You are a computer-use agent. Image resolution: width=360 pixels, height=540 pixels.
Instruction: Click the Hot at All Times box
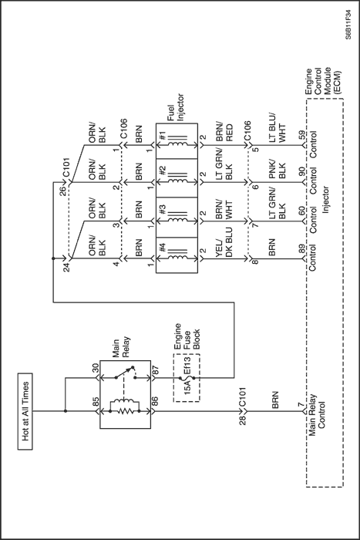pos(25,411)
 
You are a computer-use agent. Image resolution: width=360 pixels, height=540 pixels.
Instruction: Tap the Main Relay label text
pos(121,348)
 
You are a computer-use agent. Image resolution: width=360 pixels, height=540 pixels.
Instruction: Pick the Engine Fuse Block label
pos(187,336)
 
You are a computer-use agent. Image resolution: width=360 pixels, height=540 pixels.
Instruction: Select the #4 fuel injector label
pos(163,248)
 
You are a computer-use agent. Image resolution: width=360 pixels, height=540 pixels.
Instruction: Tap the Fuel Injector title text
pos(176,107)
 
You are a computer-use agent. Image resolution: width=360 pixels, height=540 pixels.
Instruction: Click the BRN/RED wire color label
pos(224,132)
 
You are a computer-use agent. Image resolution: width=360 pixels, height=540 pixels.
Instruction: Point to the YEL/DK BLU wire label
pos(224,239)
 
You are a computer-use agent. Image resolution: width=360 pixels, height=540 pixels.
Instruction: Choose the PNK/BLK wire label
pos(278,170)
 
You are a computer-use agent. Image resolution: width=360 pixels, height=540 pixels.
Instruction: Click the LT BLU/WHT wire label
pos(278,127)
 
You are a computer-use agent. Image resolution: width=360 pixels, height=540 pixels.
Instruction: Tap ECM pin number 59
pos(301,135)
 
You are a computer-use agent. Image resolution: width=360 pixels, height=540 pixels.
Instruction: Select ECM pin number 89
pos(301,248)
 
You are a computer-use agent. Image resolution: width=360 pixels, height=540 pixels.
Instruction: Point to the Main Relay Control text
pos(317,415)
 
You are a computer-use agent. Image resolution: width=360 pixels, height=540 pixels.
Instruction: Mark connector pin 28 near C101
pos(243,420)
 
